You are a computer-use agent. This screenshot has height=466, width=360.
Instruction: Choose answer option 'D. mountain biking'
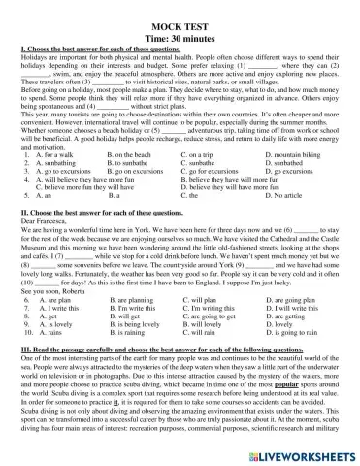pyautogui.click(x=295, y=155)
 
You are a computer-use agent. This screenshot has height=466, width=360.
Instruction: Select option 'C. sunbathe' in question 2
pyautogui.click(x=205, y=164)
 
